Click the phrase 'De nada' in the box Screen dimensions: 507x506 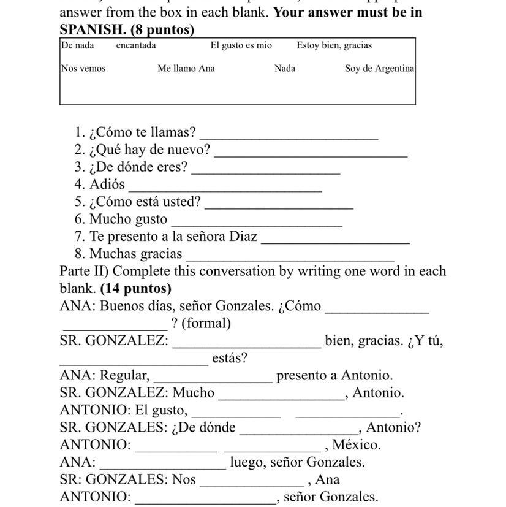point(77,45)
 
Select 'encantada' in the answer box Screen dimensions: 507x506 point(136,45)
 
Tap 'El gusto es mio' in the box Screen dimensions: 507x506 point(241,45)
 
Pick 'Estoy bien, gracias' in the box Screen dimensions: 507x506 point(334,45)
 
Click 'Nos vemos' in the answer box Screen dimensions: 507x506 point(83,69)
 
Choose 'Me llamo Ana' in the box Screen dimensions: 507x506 point(186,69)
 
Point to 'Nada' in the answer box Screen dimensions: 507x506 point(285,69)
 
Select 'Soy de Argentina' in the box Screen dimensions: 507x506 point(379,69)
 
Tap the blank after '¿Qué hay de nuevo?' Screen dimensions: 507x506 point(311,152)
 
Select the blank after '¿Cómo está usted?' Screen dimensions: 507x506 point(279,204)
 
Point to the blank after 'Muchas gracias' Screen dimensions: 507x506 point(290,256)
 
